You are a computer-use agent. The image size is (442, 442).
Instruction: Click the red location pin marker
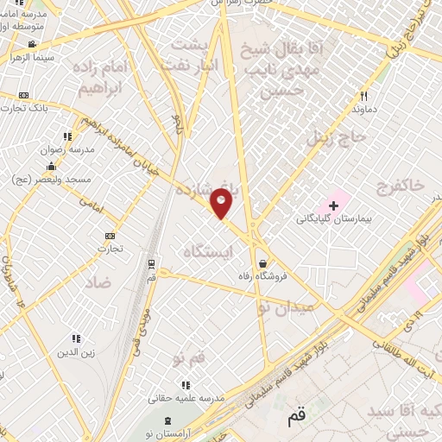[x=222, y=205]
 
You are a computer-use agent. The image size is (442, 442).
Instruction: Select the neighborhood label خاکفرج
[x=401, y=186]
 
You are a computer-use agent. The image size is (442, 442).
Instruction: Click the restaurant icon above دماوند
[x=364, y=96]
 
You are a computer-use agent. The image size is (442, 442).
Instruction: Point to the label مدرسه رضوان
[x=60, y=148]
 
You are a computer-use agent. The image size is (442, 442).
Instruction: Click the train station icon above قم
[x=152, y=263]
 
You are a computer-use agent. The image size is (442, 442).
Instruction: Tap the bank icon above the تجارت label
[x=110, y=236]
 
